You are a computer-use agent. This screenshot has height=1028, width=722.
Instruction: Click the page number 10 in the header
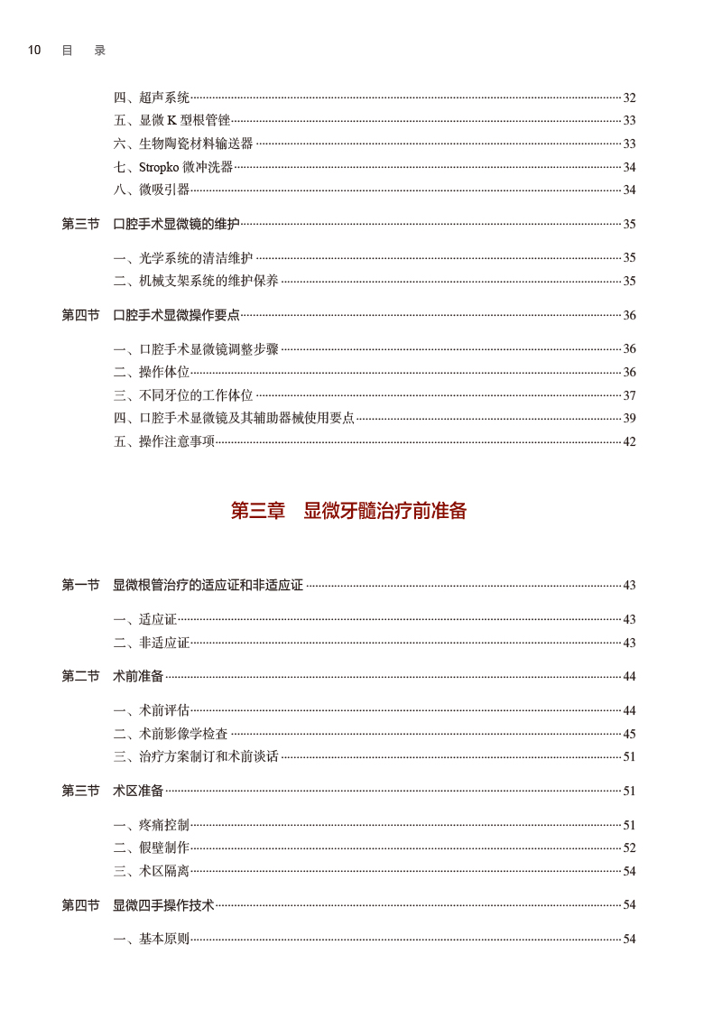point(34,51)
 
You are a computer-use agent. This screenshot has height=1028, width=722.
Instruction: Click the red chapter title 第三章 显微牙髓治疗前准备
point(348,511)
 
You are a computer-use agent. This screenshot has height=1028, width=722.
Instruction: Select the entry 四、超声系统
point(152,97)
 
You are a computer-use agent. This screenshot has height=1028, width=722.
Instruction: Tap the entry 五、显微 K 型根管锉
point(171,121)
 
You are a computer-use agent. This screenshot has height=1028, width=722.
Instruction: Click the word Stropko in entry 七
point(159,167)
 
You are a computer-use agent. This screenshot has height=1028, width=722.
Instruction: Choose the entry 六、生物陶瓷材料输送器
point(183,144)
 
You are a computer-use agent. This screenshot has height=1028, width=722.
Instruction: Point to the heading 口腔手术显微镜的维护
point(176,224)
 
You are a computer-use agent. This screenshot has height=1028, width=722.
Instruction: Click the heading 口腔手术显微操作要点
point(176,315)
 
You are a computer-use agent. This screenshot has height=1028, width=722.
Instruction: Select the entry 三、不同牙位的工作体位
point(183,395)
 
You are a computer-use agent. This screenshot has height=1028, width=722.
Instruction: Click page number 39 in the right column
point(629,418)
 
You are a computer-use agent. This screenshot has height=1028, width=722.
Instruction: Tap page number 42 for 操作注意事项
point(629,441)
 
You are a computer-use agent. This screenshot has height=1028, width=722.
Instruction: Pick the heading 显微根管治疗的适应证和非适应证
point(208,585)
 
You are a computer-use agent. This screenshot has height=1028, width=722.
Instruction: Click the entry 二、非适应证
point(152,643)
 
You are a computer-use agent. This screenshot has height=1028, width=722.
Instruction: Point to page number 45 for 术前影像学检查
point(629,735)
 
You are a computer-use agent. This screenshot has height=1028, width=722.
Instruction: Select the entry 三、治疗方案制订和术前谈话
point(196,756)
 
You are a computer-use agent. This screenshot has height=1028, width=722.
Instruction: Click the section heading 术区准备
point(138,791)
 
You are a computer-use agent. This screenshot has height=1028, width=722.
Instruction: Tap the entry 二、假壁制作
point(152,847)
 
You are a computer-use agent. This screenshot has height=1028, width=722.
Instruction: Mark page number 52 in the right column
point(629,848)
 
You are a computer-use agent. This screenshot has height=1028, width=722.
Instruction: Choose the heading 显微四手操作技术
point(163,904)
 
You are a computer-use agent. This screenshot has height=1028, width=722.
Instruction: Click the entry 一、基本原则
point(152,939)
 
